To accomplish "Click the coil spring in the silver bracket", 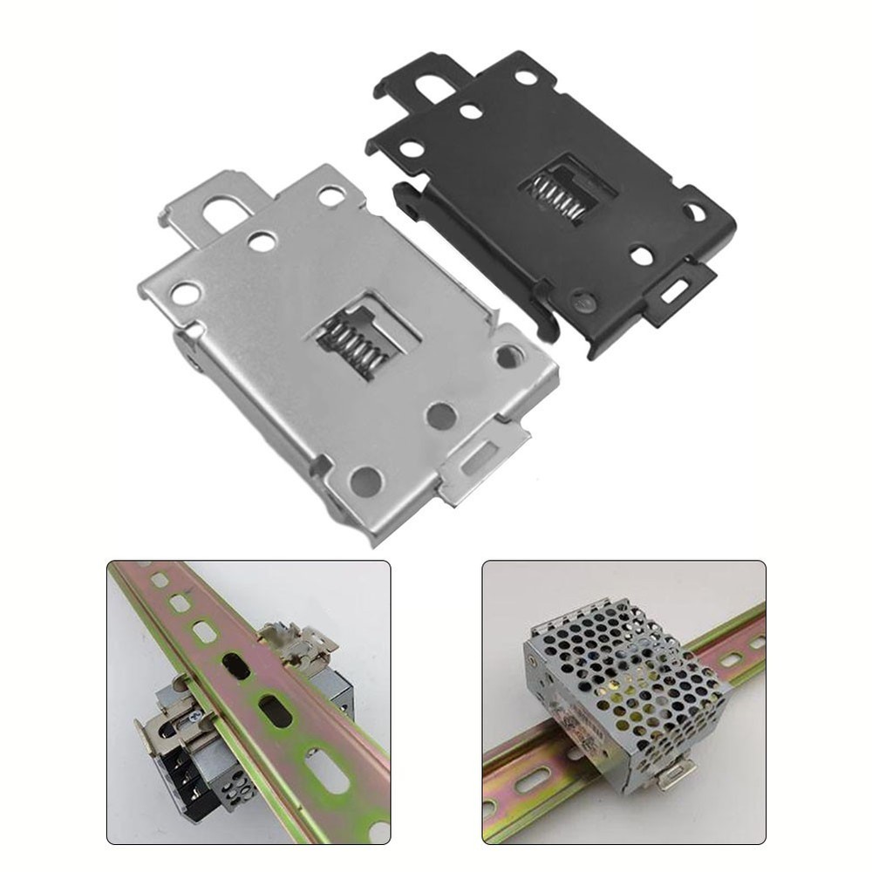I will pyautogui.click(x=353, y=342).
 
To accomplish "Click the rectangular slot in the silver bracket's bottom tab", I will pyautogui.click(x=480, y=460).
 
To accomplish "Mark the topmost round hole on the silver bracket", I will pyautogui.click(x=331, y=196).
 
